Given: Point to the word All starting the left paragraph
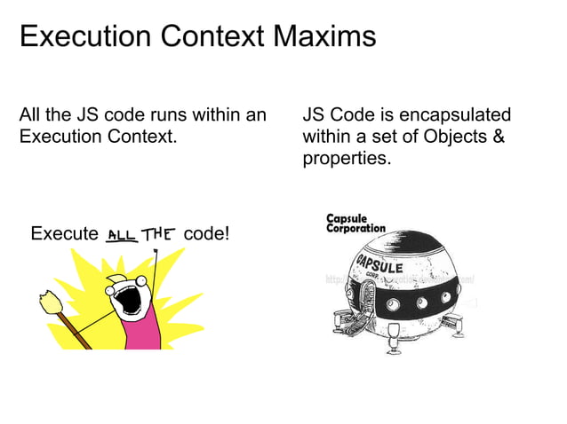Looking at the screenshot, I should coord(31,115).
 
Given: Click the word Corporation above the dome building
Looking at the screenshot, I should coord(355,228).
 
